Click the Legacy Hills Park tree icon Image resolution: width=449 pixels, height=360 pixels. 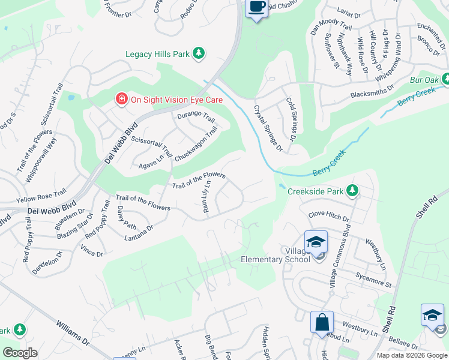(x=199, y=54)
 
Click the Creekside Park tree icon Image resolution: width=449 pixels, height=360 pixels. (x=353, y=191)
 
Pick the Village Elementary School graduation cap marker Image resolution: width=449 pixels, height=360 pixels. (x=316, y=242)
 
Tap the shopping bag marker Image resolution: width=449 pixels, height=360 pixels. (x=322, y=321)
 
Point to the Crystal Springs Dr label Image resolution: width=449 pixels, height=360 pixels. (x=268, y=128)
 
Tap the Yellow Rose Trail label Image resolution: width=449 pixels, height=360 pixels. (x=41, y=195)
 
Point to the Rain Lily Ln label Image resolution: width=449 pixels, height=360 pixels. (x=207, y=196)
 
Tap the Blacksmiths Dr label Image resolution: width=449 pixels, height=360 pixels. (x=373, y=90)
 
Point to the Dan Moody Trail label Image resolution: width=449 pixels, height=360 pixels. (x=330, y=34)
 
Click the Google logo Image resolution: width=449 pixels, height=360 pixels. (x=20, y=352)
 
